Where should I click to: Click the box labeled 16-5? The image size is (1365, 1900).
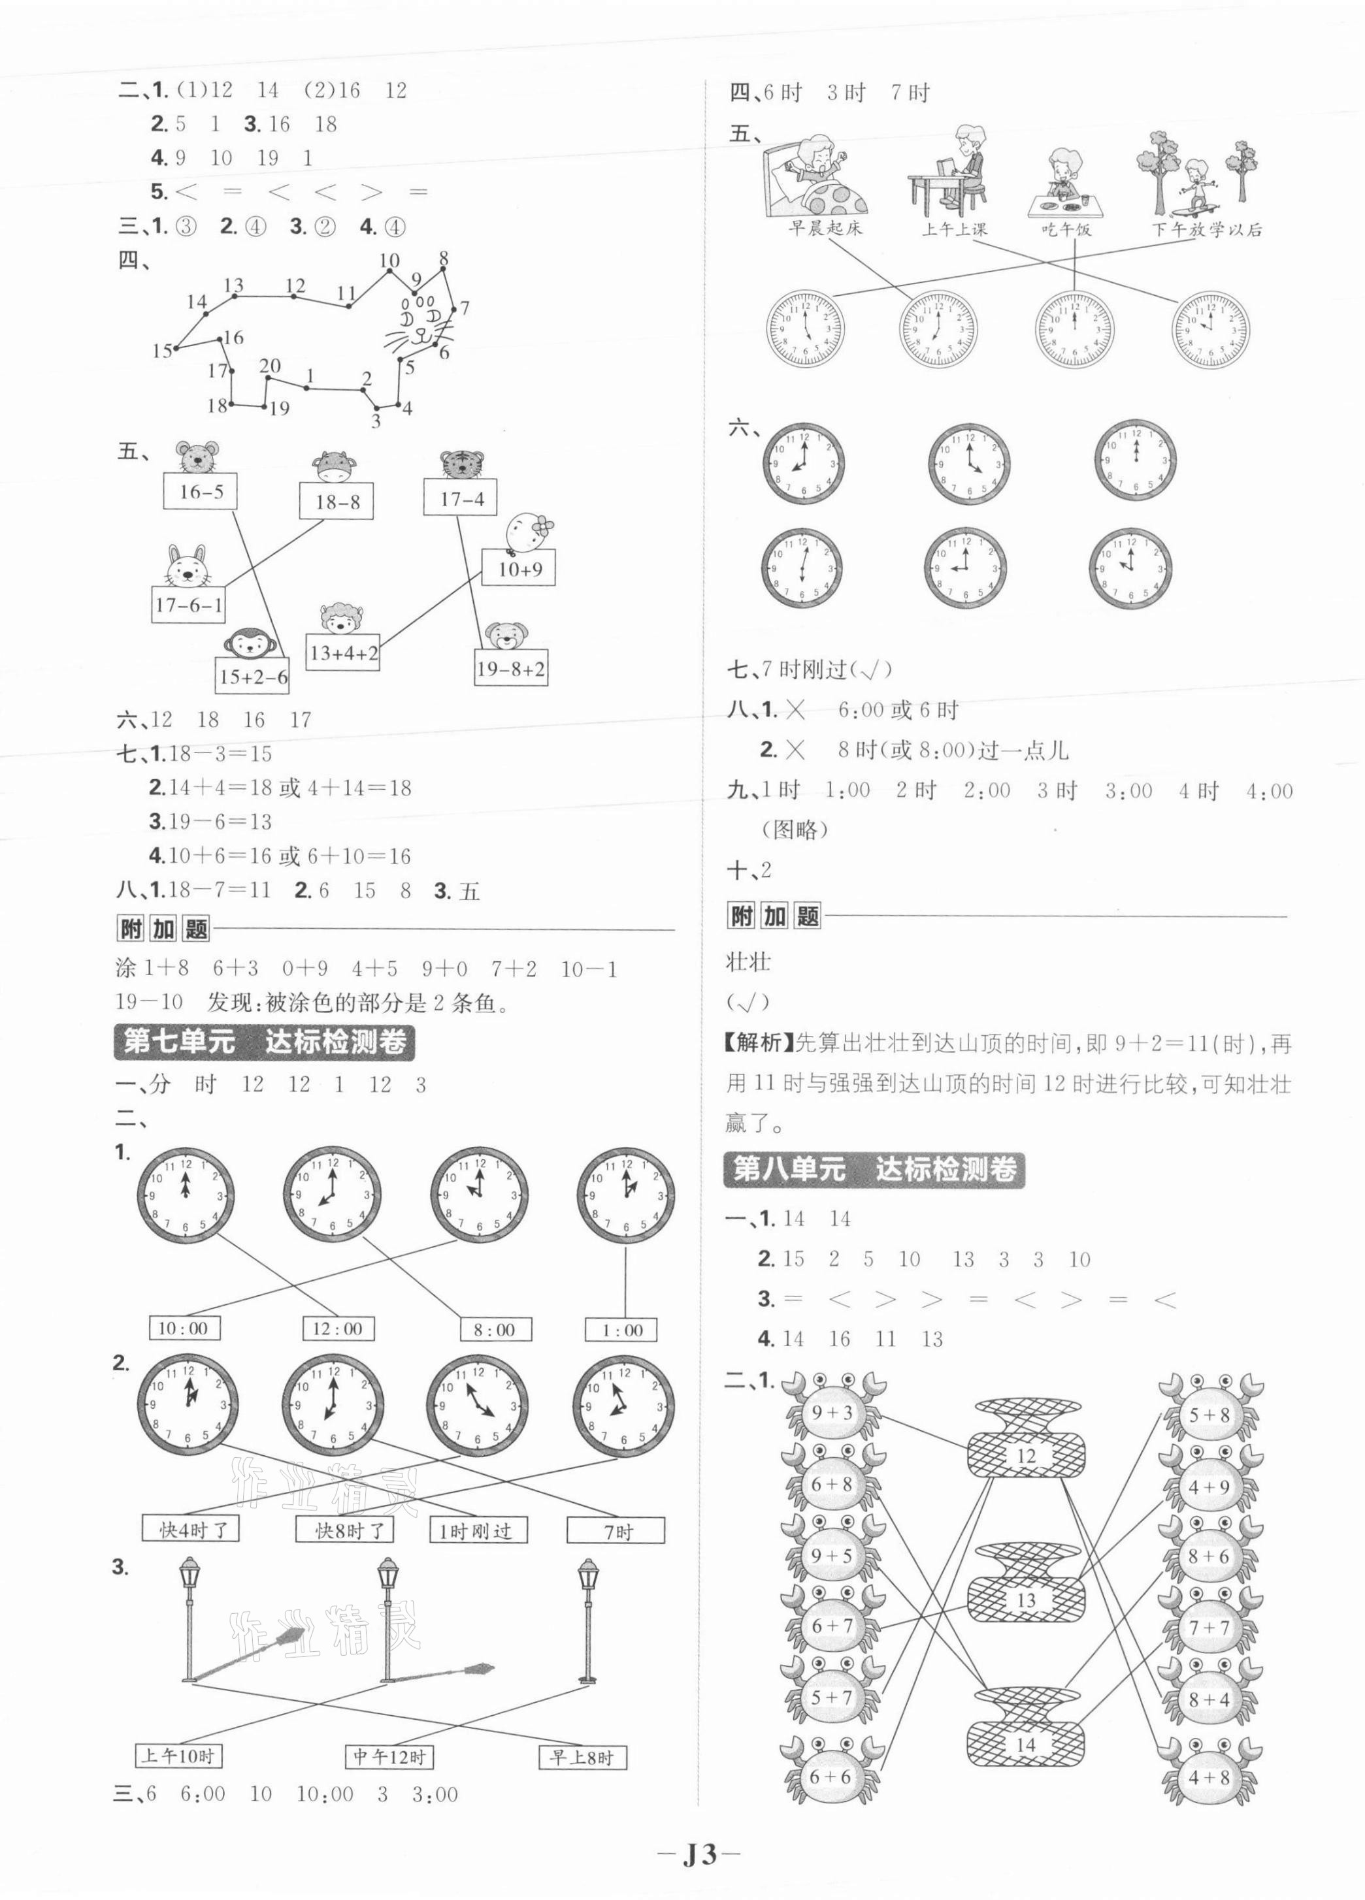pyautogui.click(x=200, y=492)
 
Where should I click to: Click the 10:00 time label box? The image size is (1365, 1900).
pyautogui.click(x=183, y=1328)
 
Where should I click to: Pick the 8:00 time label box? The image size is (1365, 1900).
pyautogui.click(x=495, y=1330)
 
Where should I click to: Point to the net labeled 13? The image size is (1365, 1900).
pyautogui.click(x=1027, y=1600)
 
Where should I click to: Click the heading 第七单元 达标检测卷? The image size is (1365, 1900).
pyautogui.click(x=264, y=1041)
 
